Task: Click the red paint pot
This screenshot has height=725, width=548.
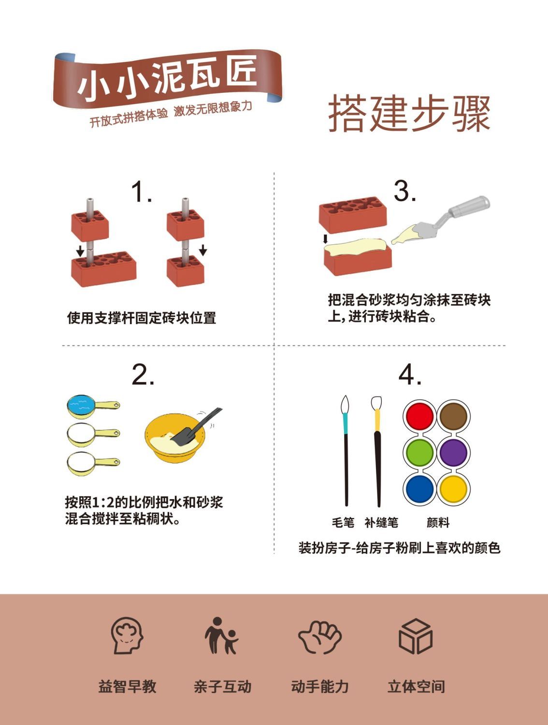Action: [419, 415]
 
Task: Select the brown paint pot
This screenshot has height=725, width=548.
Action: [454, 415]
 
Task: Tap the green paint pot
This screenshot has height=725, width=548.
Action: [419, 452]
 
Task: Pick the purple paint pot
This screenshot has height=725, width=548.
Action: [454, 452]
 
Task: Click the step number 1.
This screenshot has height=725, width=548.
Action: [141, 191]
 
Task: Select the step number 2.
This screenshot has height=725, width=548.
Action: [143, 374]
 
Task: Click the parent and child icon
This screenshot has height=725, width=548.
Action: [221, 635]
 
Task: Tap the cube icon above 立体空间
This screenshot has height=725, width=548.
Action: [416, 636]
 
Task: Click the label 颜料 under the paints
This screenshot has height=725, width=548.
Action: [438, 522]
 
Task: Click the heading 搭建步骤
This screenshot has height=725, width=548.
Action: [409, 113]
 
